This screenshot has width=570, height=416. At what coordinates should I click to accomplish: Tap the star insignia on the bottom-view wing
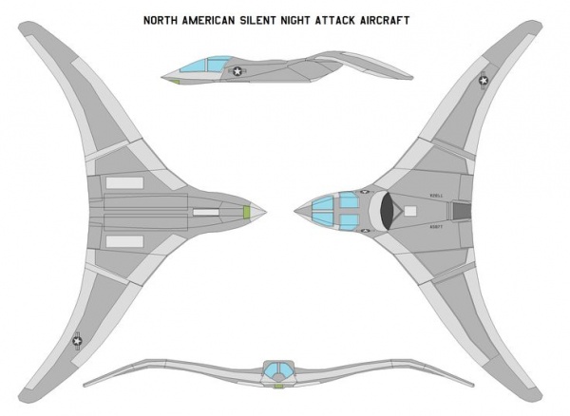tap(77, 338)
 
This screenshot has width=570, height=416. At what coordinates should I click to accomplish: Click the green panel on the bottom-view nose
tap(247, 211)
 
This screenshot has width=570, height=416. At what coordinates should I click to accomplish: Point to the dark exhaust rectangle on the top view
tap(460, 211)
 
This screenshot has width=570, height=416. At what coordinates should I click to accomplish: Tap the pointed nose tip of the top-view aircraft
tap(295, 211)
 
